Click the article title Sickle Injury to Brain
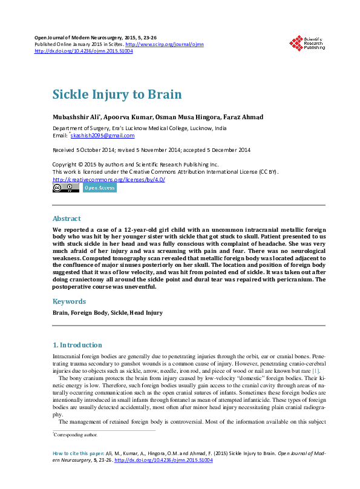pyautogui.click(x=117, y=95)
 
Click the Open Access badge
pyautogui.click(x=99, y=188)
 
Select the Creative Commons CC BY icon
pyautogui.click(x=65, y=188)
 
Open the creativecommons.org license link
pyautogui.click(x=109, y=180)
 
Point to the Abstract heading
pyautogui.click(x=67, y=218)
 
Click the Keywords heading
pyautogui.click(x=70, y=301)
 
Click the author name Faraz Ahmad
pyautogui.click(x=226, y=117)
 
